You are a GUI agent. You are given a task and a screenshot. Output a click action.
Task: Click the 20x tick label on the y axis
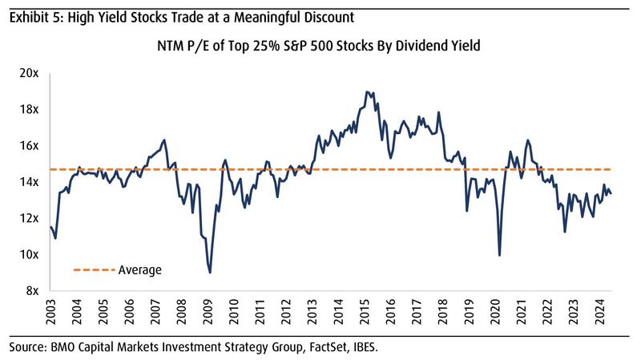(x=30, y=73)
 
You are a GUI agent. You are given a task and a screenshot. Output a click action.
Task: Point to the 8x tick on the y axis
(x=33, y=291)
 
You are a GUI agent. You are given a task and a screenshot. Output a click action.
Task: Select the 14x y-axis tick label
(x=30, y=182)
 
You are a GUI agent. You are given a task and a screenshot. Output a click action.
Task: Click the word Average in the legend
(x=140, y=270)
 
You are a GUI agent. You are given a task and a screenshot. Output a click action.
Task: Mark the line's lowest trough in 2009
(x=210, y=273)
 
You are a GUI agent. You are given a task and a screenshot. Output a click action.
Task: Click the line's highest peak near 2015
(x=366, y=92)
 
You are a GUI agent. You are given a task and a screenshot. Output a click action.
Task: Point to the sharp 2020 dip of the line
(x=500, y=255)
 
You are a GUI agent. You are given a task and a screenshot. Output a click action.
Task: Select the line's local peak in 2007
(x=163, y=140)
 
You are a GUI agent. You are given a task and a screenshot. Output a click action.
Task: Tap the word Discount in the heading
(x=319, y=14)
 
